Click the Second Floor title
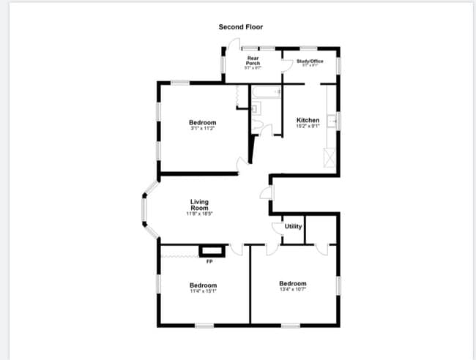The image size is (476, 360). pos(240,27)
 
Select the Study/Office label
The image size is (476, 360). pos(310,61)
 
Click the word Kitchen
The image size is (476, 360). pos(308,120)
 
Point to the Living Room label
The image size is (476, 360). pos(199,205)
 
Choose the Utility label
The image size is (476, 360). pos(293,227)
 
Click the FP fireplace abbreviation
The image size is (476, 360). pos(209,262)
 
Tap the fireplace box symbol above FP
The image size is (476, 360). pos(210,251)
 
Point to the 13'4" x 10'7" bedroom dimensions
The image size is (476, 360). pos(292,290)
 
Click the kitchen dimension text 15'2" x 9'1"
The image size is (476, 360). pos(308,127)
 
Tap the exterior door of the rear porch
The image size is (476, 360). pos(228,45)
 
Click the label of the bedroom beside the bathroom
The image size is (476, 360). pos(202,122)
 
